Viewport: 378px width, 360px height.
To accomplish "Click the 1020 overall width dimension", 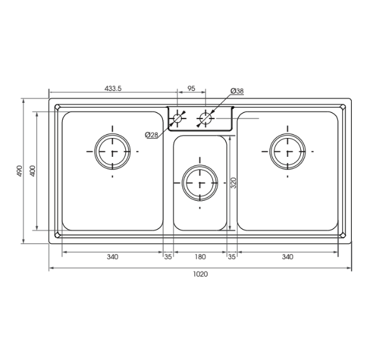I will [200, 274].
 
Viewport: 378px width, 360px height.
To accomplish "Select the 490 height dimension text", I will [19, 171].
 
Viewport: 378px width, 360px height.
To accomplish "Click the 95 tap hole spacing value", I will [191, 89].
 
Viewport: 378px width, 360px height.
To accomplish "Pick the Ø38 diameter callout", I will [237, 91].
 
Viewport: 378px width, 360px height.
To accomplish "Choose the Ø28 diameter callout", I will [151, 135].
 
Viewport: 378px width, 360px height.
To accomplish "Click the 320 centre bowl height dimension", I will [234, 183].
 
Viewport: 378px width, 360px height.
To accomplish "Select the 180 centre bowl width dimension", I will [200, 257].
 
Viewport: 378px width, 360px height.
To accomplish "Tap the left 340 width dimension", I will [112, 257].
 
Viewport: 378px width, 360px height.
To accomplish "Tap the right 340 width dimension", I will [288, 257].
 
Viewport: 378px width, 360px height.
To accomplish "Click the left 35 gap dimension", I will [168, 257].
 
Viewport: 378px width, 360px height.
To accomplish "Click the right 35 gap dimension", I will [231, 257].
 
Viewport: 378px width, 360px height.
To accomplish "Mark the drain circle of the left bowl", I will [113, 151].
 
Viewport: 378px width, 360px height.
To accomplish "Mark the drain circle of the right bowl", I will [288, 151].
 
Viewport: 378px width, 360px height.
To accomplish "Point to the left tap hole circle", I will [179, 118].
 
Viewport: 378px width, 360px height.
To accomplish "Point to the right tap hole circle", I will [205, 117].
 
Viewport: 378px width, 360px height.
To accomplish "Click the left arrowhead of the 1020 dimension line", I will [51, 268].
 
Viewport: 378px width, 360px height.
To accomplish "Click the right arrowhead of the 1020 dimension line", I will [349, 268].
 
